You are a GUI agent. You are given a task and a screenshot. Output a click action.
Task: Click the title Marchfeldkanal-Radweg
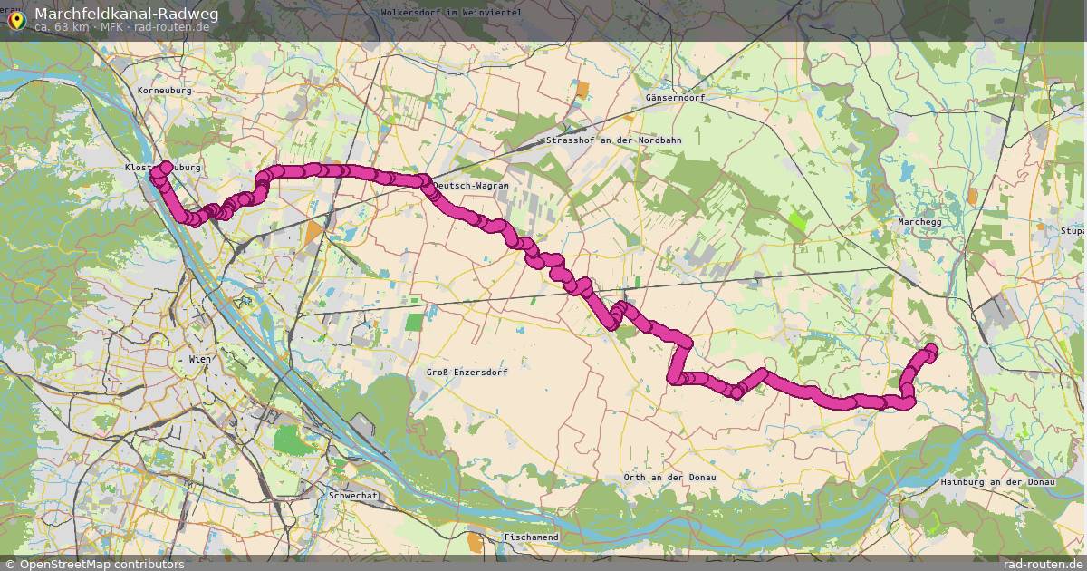point(126,14)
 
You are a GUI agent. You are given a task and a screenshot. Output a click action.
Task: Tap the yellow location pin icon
point(16,20)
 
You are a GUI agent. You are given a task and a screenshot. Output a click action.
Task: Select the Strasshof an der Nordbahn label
point(613,140)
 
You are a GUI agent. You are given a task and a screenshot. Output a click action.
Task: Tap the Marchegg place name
point(920,221)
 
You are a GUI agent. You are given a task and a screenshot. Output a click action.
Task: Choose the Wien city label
point(199,360)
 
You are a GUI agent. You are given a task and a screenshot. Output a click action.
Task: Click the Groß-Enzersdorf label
point(467,373)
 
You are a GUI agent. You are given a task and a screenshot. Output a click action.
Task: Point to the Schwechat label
point(352,496)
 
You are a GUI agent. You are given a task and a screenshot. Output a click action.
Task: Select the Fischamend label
point(531,537)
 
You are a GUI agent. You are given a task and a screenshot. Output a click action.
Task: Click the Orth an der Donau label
point(669,478)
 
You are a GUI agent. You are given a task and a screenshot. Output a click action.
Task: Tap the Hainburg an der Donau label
point(998,482)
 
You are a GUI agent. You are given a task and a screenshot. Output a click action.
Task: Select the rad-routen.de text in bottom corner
point(1039,564)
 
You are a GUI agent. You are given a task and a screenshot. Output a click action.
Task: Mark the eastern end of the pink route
point(930,349)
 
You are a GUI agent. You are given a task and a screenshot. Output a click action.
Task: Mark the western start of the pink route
point(167,166)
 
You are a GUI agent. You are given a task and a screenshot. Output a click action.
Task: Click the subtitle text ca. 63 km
point(62,27)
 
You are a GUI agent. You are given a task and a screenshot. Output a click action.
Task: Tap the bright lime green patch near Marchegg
point(797,218)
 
